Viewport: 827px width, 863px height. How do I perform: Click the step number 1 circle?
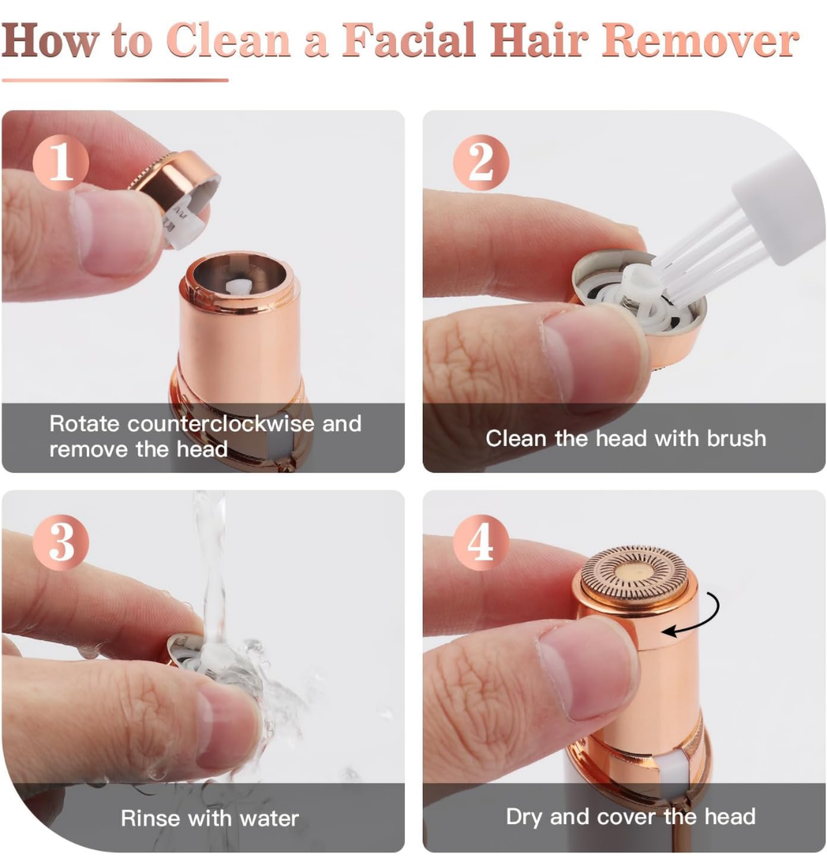point(61,163)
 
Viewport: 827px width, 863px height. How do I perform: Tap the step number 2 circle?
point(481,163)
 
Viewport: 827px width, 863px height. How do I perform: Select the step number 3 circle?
point(61,542)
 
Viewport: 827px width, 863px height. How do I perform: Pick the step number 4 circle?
point(481,542)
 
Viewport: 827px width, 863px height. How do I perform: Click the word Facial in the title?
point(409,40)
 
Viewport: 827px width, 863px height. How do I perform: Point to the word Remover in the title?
point(700,40)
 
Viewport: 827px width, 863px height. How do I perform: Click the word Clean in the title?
point(229,40)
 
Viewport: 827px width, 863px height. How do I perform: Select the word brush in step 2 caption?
point(736,439)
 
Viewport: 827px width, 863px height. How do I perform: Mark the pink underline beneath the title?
point(115,81)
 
